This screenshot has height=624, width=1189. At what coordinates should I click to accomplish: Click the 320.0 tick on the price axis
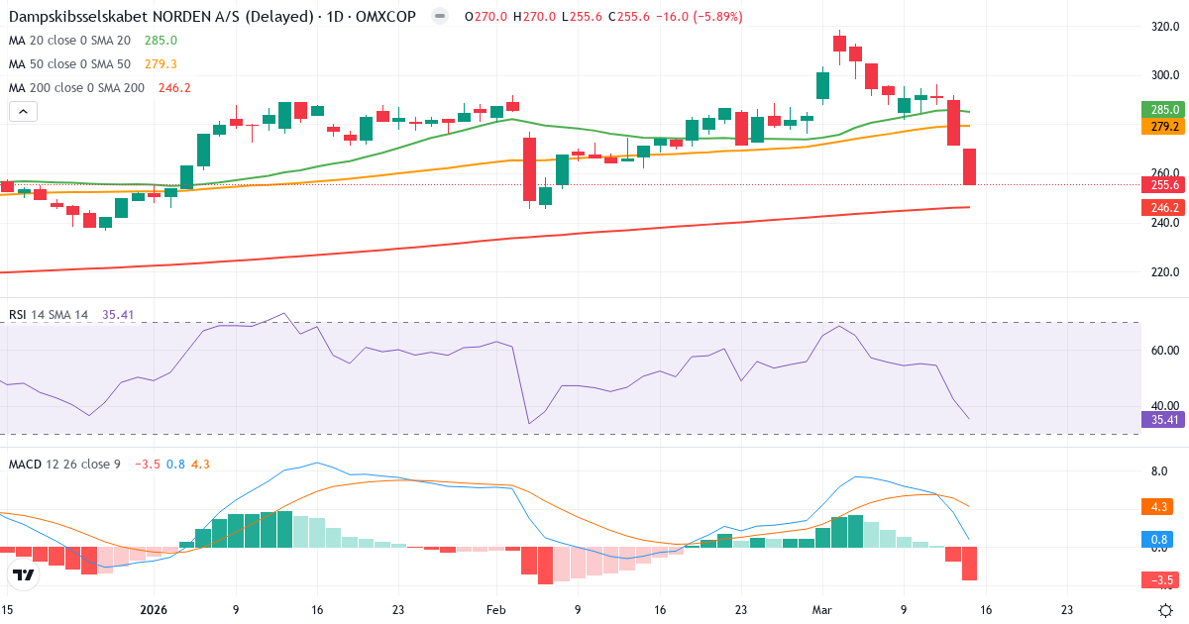point(1164,27)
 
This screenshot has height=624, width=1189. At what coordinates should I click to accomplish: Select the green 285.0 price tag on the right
point(1163,110)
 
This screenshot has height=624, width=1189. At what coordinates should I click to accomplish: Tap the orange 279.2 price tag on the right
point(1163,127)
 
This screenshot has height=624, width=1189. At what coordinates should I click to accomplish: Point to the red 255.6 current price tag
point(1163,184)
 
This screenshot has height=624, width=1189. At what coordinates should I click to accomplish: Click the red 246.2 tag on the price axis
point(1163,208)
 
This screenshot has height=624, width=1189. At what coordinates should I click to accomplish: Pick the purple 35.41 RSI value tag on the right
point(1163,419)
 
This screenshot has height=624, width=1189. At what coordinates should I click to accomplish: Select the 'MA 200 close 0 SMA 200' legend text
point(76,87)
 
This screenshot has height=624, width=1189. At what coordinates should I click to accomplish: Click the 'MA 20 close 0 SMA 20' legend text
point(69,40)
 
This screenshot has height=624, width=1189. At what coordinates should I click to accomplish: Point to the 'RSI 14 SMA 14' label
point(49,315)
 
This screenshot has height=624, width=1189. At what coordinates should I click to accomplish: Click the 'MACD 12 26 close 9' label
point(64,464)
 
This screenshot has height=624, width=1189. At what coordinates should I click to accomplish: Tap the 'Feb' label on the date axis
point(495,611)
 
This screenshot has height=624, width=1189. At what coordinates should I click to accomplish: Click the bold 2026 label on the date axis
point(154,611)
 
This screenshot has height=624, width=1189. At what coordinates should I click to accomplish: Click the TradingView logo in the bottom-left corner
point(24,574)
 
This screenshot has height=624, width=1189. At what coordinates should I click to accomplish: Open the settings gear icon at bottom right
point(1166,610)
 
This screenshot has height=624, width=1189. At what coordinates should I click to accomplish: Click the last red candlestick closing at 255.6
point(969,166)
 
